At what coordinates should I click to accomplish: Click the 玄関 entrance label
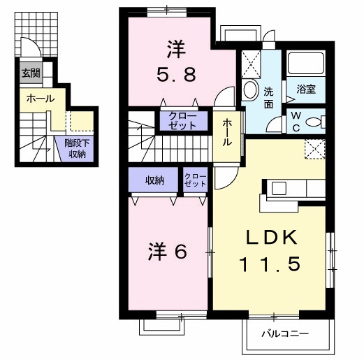pyautogui.click(x=31, y=73)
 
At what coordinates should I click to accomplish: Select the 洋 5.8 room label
pyautogui.click(x=176, y=62)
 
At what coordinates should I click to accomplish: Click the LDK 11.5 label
pyautogui.click(x=270, y=251)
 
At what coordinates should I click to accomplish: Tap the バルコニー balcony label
pyautogui.click(x=285, y=334)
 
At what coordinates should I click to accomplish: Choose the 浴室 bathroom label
pyautogui.click(x=306, y=89)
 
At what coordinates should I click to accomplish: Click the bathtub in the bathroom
pyautogui.click(x=306, y=63)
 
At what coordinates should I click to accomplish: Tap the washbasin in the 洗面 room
pyautogui.click(x=250, y=89)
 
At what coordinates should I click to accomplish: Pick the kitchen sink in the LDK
pyautogui.click(x=279, y=187)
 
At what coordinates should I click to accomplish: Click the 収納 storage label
pyautogui.click(x=155, y=180)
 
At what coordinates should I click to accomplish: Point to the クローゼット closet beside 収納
pyautogui.click(x=195, y=180)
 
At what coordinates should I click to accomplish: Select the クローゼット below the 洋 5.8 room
pyautogui.click(x=184, y=121)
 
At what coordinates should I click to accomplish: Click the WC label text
pyautogui.click(x=296, y=121)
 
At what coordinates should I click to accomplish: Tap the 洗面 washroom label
pyautogui.click(x=268, y=98)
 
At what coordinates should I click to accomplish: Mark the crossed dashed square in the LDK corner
pyautogui.click(x=315, y=149)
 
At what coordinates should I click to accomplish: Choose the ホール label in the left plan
pyautogui.click(x=41, y=99)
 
